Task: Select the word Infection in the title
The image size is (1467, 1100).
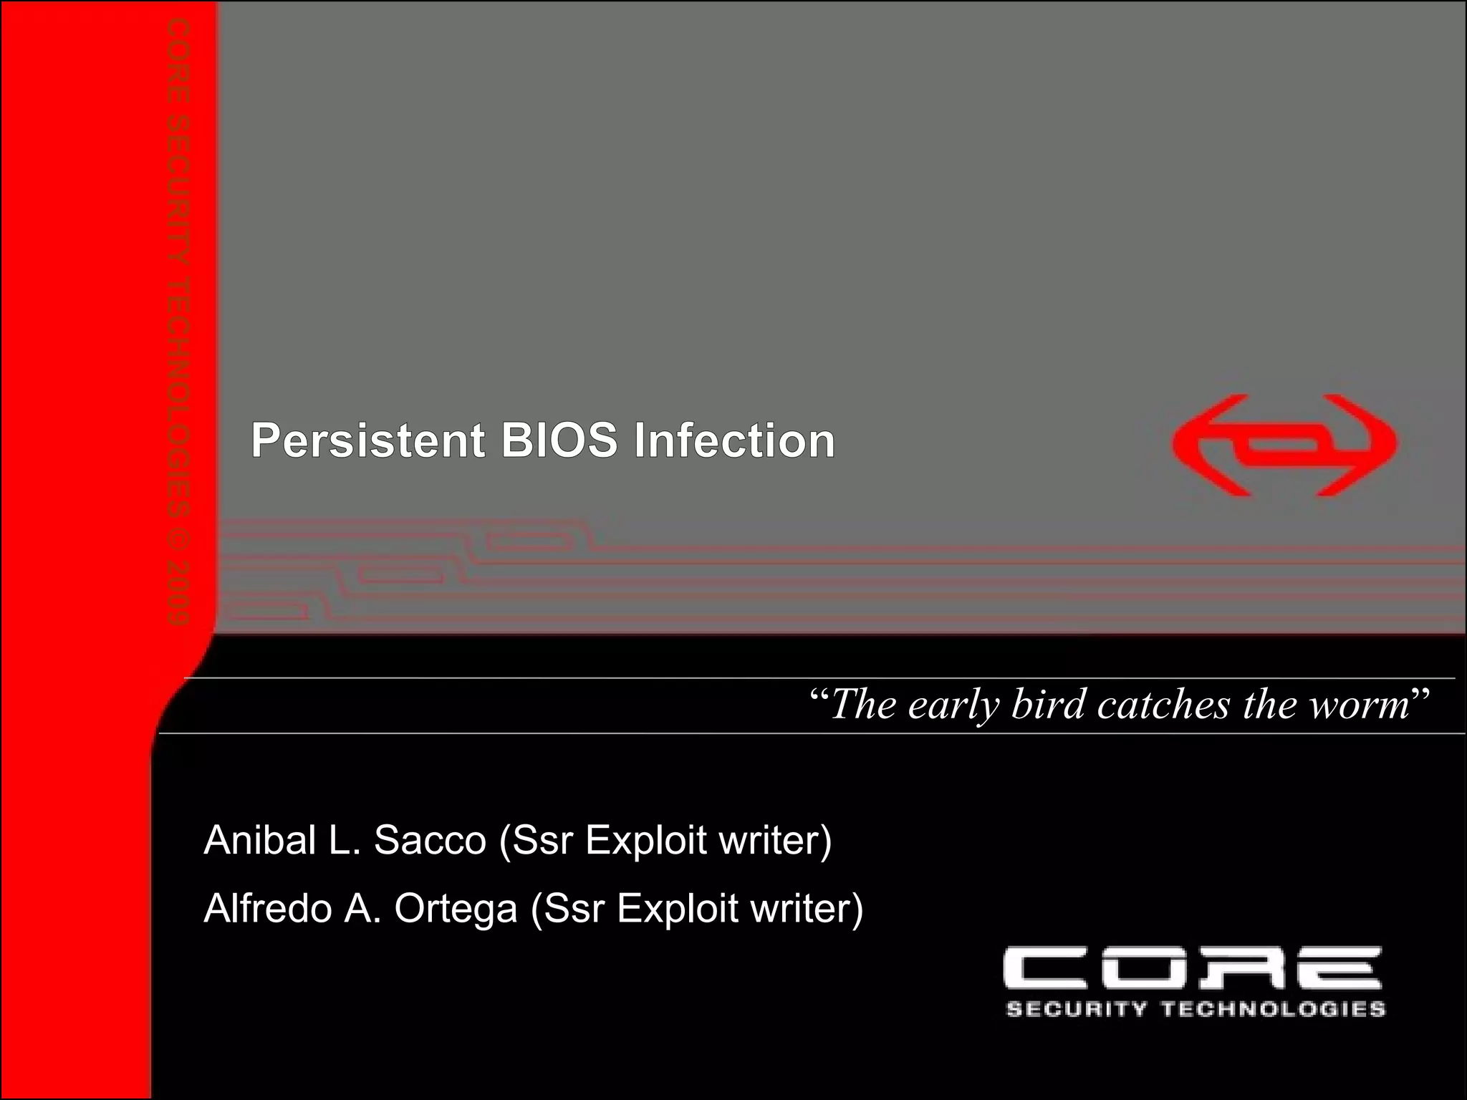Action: click(x=734, y=440)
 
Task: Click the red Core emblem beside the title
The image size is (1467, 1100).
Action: click(x=1284, y=445)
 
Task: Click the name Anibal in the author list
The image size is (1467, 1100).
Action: click(x=260, y=840)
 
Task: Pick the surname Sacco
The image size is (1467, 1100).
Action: click(x=430, y=840)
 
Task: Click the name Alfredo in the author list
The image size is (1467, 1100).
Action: click(x=268, y=909)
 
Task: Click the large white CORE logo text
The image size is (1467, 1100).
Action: click(x=1192, y=968)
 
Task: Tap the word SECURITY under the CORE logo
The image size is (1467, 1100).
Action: click(x=1076, y=1010)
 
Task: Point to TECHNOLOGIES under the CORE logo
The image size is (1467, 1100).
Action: click(x=1273, y=1010)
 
